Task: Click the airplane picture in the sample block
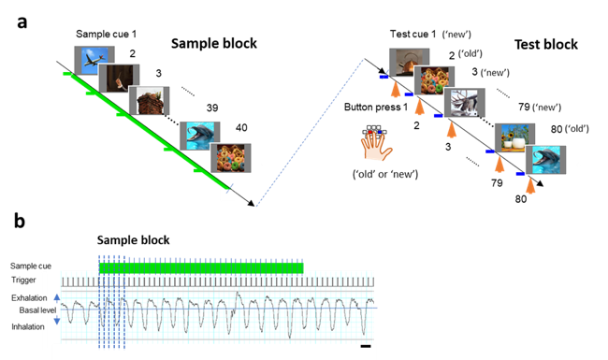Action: (x=94, y=60)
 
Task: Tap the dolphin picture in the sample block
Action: (x=199, y=136)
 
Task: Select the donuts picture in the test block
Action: (x=433, y=80)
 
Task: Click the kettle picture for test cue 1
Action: (x=409, y=62)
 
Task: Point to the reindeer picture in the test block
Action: (x=464, y=103)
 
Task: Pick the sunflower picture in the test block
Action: (x=514, y=138)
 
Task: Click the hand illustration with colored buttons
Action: (x=376, y=143)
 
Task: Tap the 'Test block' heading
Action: (x=546, y=45)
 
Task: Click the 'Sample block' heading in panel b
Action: (x=133, y=240)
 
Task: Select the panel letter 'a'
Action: (x=22, y=22)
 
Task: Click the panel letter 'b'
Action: (x=20, y=221)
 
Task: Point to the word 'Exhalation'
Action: (x=29, y=298)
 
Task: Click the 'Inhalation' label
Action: (x=28, y=326)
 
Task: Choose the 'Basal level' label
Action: (x=37, y=310)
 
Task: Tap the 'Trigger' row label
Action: (x=23, y=280)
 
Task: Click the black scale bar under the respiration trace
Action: (x=366, y=346)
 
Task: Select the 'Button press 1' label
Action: (x=376, y=107)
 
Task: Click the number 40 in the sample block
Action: (x=241, y=127)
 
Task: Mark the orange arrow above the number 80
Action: (x=530, y=185)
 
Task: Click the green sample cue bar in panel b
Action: (x=201, y=268)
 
